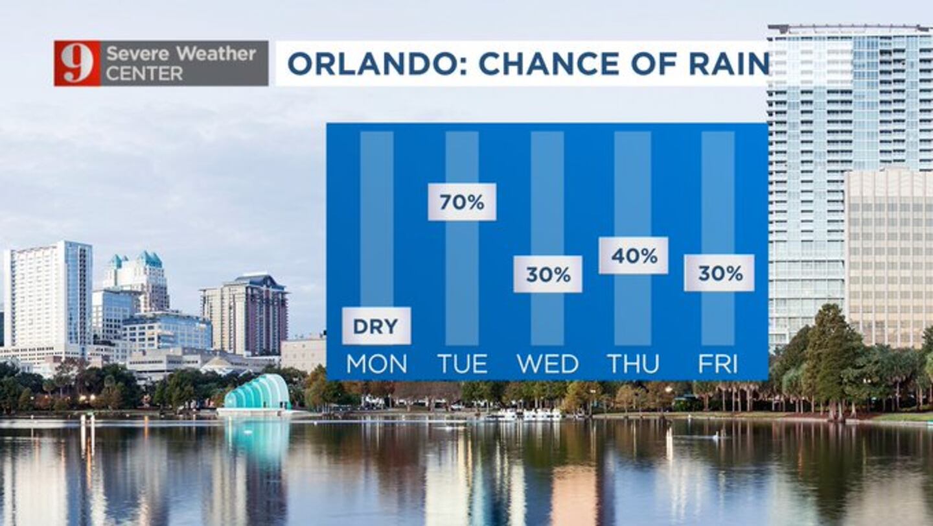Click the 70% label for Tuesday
coord(462,202)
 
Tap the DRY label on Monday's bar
coord(376,326)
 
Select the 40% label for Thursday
coord(634,256)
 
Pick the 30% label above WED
coord(547,274)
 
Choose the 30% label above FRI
coord(719,273)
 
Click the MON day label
coord(376,364)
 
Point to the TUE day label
coord(463,364)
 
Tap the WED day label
coord(547,364)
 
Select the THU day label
coord(634,364)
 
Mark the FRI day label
coord(718,364)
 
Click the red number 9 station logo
coord(78,64)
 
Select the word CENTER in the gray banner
coord(144,74)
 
